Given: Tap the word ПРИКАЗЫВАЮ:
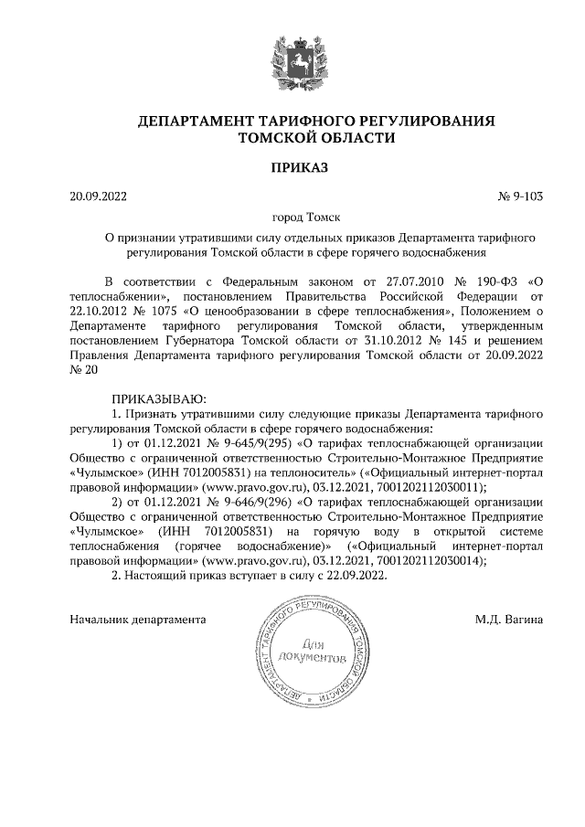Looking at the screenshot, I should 160,399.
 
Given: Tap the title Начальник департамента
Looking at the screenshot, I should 137,620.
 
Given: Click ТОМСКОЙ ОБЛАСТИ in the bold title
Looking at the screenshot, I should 316,139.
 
